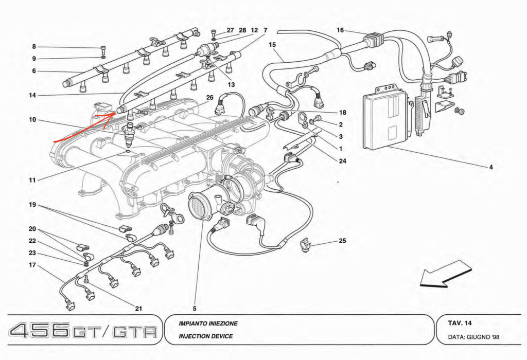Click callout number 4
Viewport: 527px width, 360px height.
click(x=491, y=167)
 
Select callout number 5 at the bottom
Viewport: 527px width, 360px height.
click(x=195, y=309)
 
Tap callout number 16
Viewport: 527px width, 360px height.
click(x=340, y=30)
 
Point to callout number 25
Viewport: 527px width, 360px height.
click(x=343, y=241)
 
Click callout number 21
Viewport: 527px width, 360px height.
click(x=138, y=309)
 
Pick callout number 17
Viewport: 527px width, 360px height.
click(x=32, y=266)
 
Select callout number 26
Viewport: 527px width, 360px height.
click(x=209, y=98)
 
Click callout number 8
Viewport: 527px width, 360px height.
click(x=34, y=47)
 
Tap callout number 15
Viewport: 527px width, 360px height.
click(x=272, y=45)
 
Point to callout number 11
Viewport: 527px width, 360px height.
click(x=32, y=181)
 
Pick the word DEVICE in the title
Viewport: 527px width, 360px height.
click(x=221, y=336)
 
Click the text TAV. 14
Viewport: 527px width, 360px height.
click(x=460, y=323)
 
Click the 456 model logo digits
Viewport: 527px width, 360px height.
click(x=40, y=330)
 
